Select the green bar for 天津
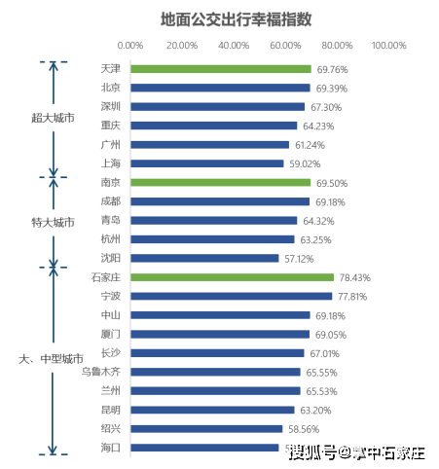pos(221,69)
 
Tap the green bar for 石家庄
pos(232,277)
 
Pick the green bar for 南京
pos(220,183)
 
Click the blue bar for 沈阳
pos(204,258)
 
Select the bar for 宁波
pos(231,296)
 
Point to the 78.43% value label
pos(353,277)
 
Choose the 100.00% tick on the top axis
pos(389,46)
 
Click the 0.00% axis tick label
pos(129,46)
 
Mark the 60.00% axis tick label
pos(285,46)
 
